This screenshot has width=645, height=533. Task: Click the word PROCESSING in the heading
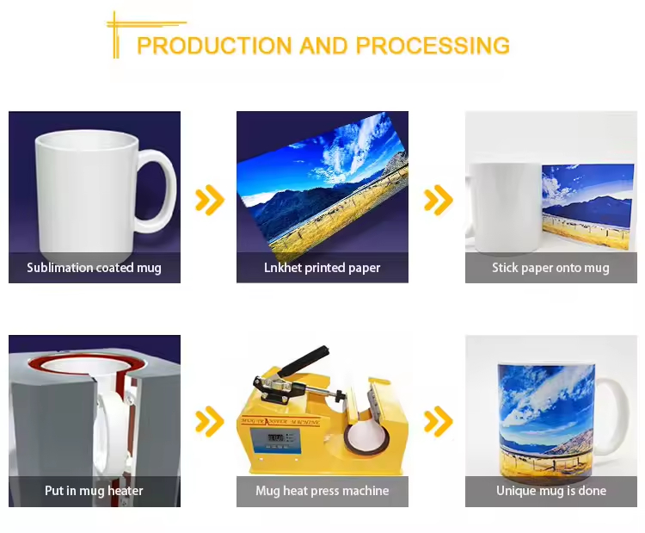[433, 46]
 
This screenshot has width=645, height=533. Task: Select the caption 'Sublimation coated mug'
[95, 268]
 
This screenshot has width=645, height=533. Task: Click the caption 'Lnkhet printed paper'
[322, 268]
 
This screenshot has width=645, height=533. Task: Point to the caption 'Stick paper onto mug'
[550, 268]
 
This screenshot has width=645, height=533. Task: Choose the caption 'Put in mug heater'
[94, 491]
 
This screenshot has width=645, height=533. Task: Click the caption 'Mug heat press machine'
[322, 491]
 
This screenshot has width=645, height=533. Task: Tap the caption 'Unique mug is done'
[551, 491]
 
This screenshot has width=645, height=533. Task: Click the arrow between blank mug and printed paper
[210, 200]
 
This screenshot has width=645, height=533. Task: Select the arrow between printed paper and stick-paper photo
[439, 200]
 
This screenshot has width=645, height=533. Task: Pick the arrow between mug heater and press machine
[210, 421]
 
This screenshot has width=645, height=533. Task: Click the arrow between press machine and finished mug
[439, 421]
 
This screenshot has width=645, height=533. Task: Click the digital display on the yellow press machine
[276, 437]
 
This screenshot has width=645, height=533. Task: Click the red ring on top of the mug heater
[86, 364]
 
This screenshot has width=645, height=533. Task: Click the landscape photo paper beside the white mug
[587, 207]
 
